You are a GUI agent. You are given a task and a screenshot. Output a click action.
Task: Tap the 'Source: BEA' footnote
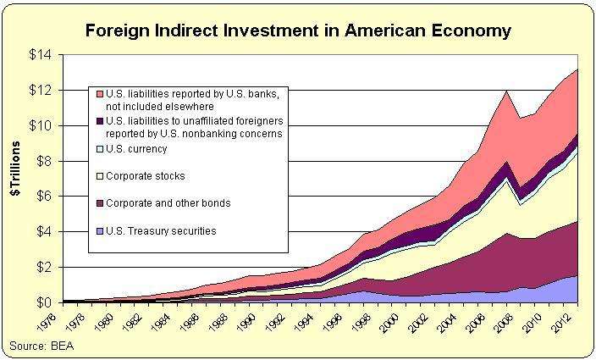39,345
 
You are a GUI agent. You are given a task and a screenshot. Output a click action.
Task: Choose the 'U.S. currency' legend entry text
137,149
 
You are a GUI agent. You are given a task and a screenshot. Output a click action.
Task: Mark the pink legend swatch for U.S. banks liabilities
100,92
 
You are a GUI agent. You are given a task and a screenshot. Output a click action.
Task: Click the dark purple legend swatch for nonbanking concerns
100,120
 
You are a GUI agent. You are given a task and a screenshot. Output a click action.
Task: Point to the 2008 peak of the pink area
506,91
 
